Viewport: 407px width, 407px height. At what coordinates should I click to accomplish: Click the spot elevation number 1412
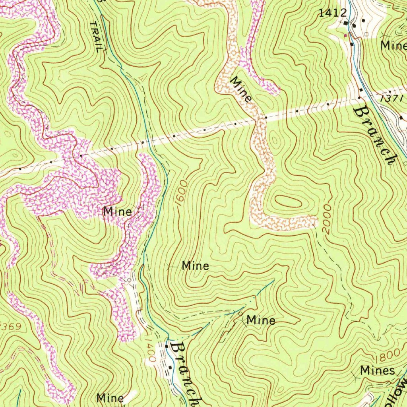pyautogui.click(x=333, y=13)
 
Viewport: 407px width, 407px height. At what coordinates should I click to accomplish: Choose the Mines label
pyautogui.click(x=377, y=371)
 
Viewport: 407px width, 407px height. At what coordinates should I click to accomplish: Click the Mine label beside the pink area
pyautogui.click(x=117, y=211)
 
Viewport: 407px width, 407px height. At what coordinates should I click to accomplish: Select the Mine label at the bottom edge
pyautogui.click(x=110, y=397)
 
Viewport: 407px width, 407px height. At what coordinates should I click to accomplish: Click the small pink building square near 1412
pyautogui.click(x=345, y=35)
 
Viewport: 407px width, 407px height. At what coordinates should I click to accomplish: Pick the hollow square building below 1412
pyautogui.click(x=366, y=35)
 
